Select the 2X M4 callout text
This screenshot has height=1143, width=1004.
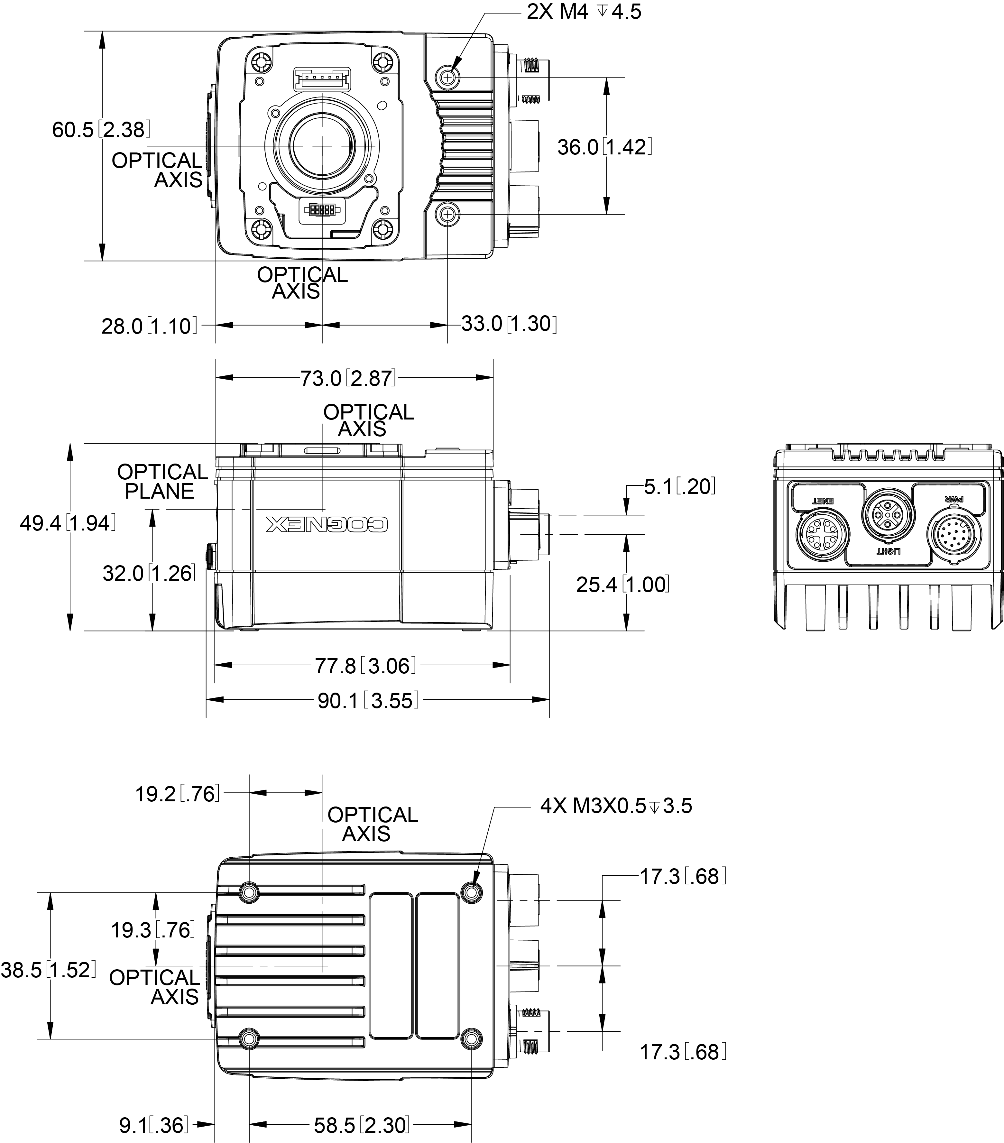click(583, 12)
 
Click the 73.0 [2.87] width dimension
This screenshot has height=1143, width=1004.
click(348, 379)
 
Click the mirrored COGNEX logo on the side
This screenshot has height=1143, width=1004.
click(327, 524)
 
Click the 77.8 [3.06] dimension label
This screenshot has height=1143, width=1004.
click(365, 666)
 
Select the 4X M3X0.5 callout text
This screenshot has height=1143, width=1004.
click(616, 806)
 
